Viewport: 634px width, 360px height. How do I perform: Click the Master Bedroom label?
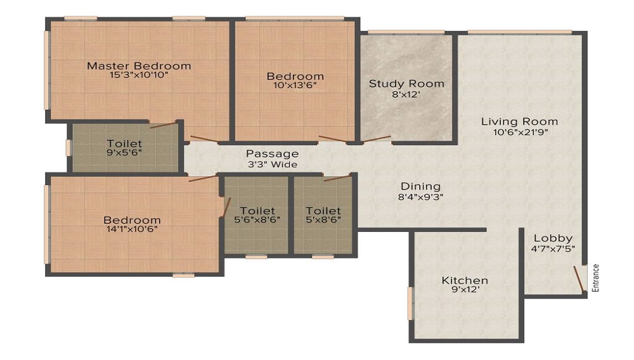pyautogui.click(x=139, y=66)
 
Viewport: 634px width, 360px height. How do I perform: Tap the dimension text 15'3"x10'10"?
pyautogui.click(x=139, y=75)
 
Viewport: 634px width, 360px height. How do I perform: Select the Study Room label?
pyautogui.click(x=406, y=84)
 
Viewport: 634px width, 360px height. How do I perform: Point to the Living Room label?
pyautogui.click(x=520, y=122)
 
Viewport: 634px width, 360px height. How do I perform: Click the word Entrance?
pyautogui.click(x=595, y=278)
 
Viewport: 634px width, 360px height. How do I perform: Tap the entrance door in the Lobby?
pyautogui.click(x=579, y=278)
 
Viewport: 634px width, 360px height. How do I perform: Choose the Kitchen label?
pyautogui.click(x=465, y=280)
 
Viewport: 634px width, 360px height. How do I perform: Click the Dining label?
pyautogui.click(x=420, y=187)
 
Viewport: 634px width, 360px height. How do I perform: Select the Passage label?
pyautogui.click(x=273, y=154)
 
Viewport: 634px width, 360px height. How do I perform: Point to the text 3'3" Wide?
pyautogui.click(x=273, y=164)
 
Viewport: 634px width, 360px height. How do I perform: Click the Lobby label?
pyautogui.click(x=553, y=238)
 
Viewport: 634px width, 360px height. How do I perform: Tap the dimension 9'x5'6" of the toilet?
pyautogui.click(x=124, y=152)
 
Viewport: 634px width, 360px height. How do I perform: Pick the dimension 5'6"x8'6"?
pyautogui.click(x=257, y=220)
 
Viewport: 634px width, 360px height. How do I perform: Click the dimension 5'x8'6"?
pyautogui.click(x=323, y=220)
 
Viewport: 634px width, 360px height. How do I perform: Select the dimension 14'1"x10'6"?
pyautogui.click(x=133, y=229)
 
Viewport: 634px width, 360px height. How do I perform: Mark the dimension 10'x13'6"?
pyautogui.click(x=295, y=86)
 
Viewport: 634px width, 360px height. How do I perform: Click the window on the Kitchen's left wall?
pyautogui.click(x=410, y=303)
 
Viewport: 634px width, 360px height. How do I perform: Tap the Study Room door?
pyautogui.click(x=377, y=139)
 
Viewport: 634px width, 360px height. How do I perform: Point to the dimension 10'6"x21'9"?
pyautogui.click(x=521, y=132)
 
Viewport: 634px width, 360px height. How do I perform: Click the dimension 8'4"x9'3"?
pyautogui.click(x=420, y=197)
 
